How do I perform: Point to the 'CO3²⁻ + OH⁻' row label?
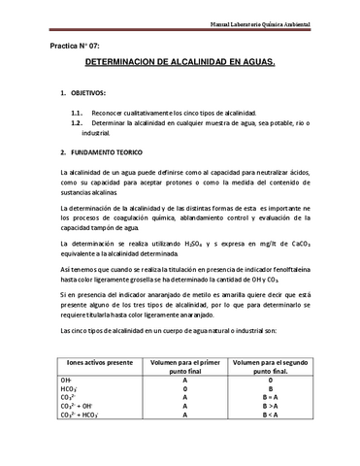(x=76, y=406)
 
